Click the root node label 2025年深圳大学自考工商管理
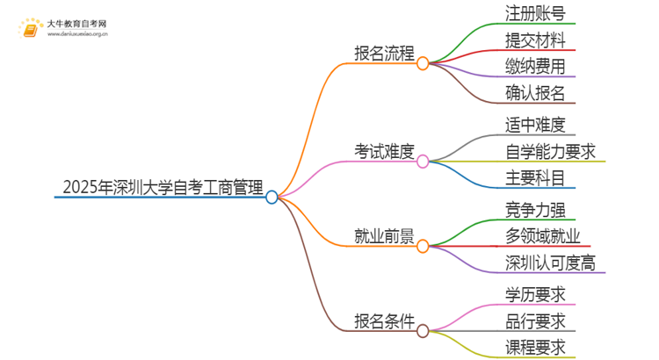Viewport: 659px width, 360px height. point(163,186)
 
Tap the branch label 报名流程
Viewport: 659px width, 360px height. point(383,53)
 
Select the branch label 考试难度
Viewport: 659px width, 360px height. point(383,151)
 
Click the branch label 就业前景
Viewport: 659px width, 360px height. point(383,236)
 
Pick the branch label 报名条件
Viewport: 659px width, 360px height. point(383,320)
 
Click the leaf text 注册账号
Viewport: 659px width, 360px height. point(535,13)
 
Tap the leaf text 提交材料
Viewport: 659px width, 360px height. point(535,40)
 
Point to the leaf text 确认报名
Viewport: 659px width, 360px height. point(535,92)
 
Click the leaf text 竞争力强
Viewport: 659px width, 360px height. point(535,209)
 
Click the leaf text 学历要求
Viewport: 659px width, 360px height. point(535,293)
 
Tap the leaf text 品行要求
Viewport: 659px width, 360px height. point(535,320)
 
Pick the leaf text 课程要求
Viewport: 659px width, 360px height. point(535,347)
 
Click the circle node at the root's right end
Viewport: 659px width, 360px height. point(272,198)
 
